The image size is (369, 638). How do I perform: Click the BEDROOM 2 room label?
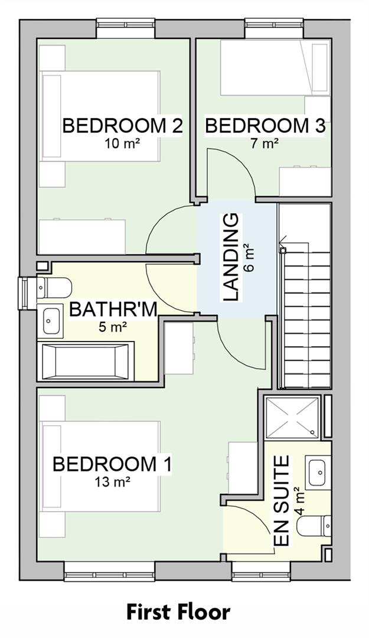(122, 126)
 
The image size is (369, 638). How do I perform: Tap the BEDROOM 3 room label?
(265, 126)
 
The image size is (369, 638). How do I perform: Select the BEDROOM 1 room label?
(112, 464)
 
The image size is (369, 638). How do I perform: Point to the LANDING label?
(231, 258)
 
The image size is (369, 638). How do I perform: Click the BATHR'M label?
(113, 310)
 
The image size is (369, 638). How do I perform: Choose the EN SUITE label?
(282, 501)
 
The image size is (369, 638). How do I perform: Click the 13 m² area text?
(112, 482)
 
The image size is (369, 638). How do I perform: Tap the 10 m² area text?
(122, 143)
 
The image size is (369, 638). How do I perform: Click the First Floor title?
(178, 612)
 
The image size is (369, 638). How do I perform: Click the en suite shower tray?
(292, 418)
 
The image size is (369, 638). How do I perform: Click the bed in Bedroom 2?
(100, 116)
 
